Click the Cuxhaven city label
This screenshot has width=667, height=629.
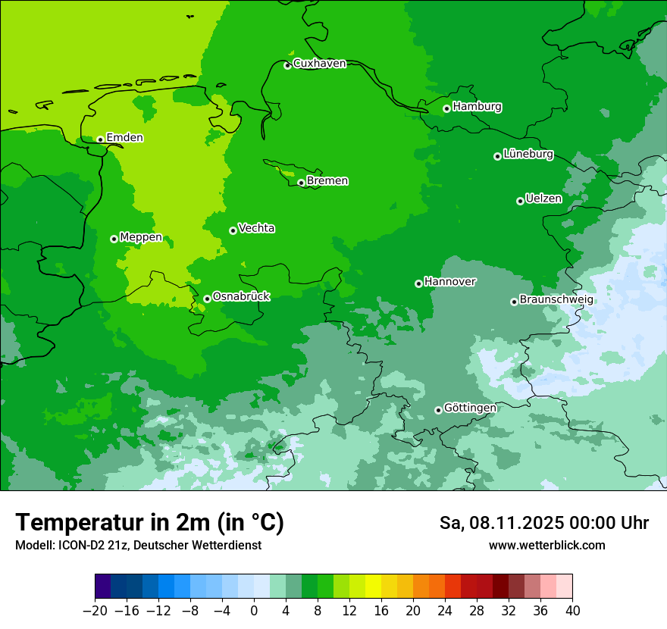319,64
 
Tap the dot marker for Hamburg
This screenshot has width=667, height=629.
447,108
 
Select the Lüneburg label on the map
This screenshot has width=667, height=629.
528,155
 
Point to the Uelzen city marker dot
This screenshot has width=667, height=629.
520,201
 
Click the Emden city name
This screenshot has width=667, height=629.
124,138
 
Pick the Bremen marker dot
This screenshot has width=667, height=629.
301,183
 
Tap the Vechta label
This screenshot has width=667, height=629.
256,228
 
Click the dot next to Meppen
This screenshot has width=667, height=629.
114,239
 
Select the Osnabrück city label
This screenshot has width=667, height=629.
241,297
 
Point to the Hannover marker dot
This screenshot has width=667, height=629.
418,283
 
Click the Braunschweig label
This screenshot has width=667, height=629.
556,300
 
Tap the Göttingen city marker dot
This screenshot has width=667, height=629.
438,410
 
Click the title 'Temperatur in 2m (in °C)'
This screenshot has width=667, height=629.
149,523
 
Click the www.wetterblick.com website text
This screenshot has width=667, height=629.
546,546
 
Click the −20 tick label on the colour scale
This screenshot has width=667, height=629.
95,611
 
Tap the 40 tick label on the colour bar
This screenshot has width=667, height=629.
572,611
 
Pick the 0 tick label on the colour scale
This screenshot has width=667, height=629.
254,611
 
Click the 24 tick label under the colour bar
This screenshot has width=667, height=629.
445,611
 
